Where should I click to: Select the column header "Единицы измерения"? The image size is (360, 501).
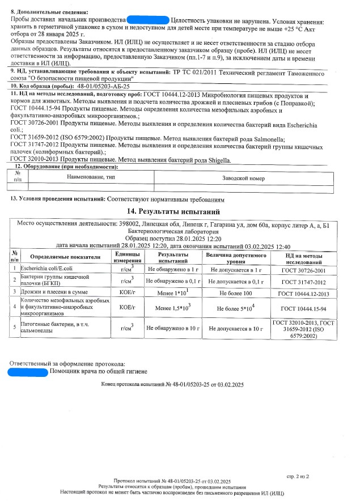pyautogui.click(x=123, y=257)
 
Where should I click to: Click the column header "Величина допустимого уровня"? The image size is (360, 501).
pyautogui.click(x=236, y=257)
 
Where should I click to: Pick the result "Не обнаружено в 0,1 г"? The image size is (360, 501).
pyautogui.click(x=173, y=280)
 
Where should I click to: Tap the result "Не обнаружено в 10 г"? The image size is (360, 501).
pyautogui.click(x=173, y=328)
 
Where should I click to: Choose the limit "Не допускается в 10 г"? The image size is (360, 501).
pyautogui.click(x=236, y=328)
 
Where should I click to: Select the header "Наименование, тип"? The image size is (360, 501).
pyautogui.click(x=90, y=178)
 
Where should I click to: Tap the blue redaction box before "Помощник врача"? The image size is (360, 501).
pyautogui.click(x=28, y=371)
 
